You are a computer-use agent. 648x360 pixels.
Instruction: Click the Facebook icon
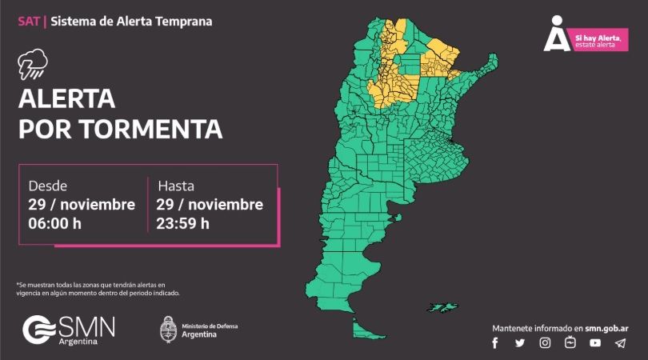pos(495,343)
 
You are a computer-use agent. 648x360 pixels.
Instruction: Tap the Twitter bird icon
pos(520,343)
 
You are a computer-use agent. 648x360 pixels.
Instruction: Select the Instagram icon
pos(545,343)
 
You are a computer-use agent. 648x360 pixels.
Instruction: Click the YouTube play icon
pos(595,343)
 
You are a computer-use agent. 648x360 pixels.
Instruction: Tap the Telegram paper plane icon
pos(620,343)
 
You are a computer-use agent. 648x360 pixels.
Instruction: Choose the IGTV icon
pos(570,343)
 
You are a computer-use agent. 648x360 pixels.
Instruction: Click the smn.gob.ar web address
pos(605,328)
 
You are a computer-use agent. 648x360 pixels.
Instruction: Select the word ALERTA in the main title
pos(66,100)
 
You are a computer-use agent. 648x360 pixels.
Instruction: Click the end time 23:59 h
pos(184,223)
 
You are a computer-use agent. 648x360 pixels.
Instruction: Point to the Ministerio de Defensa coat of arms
pos(168,330)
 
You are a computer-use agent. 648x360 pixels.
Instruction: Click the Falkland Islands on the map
pos(441,306)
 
